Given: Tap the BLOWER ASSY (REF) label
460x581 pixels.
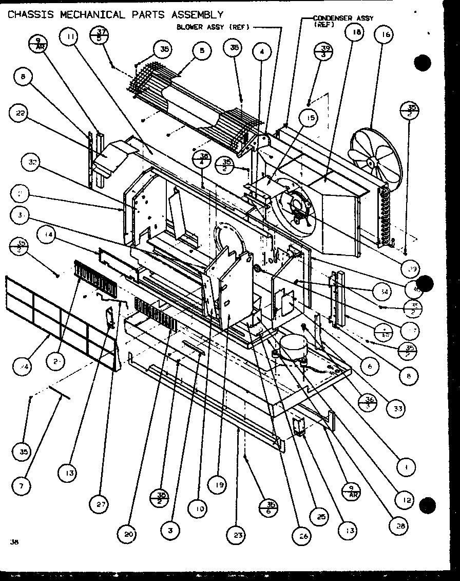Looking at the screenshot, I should pyautogui.click(x=213, y=27).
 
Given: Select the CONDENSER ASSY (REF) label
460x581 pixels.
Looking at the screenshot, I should pyautogui.click(x=343, y=20).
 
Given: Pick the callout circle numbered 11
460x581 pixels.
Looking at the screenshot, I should pyautogui.click(x=71, y=37).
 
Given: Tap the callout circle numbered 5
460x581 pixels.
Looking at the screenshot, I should pyautogui.click(x=201, y=50).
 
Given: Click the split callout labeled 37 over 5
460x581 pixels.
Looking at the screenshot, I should pyautogui.click(x=99, y=35).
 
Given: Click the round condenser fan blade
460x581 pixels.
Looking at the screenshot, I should pyautogui.click(x=375, y=155).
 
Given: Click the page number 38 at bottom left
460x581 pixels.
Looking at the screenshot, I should pyautogui.click(x=13, y=540).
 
